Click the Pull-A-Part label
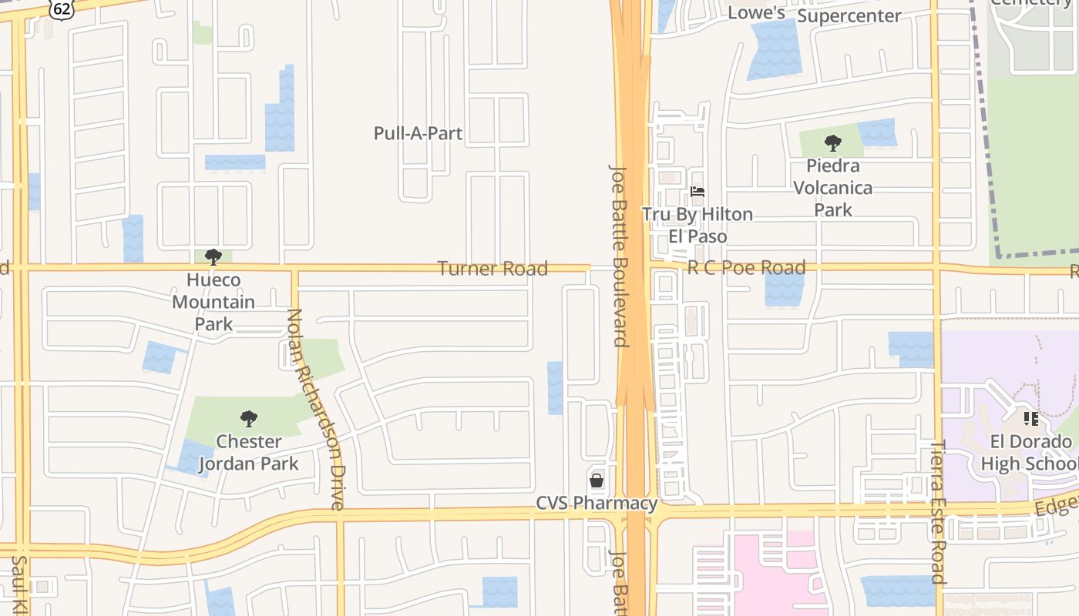click(418, 133)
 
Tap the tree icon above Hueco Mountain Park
click(213, 257)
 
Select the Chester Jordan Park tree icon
click(248, 419)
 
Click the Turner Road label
click(492, 269)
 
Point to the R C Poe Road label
click(746, 268)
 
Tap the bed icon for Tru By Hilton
click(697, 192)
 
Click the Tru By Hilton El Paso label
click(697, 225)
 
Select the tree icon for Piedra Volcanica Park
click(832, 143)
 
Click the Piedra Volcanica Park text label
click(833, 188)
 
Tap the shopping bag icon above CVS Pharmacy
click(597, 481)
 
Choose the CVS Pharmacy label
click(597, 504)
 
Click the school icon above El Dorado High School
click(1030, 419)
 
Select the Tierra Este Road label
click(938, 511)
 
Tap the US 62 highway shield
click(60, 8)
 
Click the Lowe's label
click(756, 13)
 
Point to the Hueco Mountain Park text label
click(213, 302)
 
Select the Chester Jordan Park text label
click(248, 453)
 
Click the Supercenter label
click(849, 16)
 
